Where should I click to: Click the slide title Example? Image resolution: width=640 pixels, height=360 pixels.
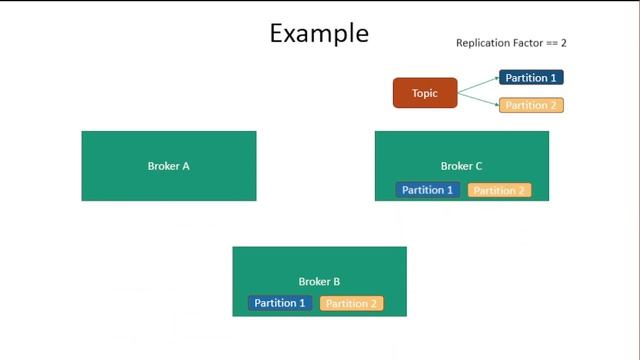tap(319, 33)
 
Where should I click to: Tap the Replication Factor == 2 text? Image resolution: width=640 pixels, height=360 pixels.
tap(511, 43)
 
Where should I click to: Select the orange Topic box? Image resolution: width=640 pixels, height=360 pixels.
tap(424, 93)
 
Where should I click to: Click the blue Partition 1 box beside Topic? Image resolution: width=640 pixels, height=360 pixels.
tap(531, 78)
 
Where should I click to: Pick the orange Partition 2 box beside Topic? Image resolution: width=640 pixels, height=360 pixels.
tap(531, 105)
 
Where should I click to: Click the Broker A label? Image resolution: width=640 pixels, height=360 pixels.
tap(168, 166)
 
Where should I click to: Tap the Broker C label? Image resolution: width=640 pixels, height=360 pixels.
tap(461, 166)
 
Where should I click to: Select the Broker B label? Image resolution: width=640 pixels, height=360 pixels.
tap(319, 282)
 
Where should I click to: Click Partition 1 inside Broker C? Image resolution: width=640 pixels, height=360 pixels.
tap(428, 190)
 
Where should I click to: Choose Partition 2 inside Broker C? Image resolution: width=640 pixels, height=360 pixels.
tap(499, 190)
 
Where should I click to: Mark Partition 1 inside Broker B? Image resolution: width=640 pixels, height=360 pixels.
tap(280, 303)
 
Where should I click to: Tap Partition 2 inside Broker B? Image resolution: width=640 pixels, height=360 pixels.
tap(351, 303)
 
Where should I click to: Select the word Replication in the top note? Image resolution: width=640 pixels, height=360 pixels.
tap(482, 43)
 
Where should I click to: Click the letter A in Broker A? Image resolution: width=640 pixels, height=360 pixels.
tap(186, 166)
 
